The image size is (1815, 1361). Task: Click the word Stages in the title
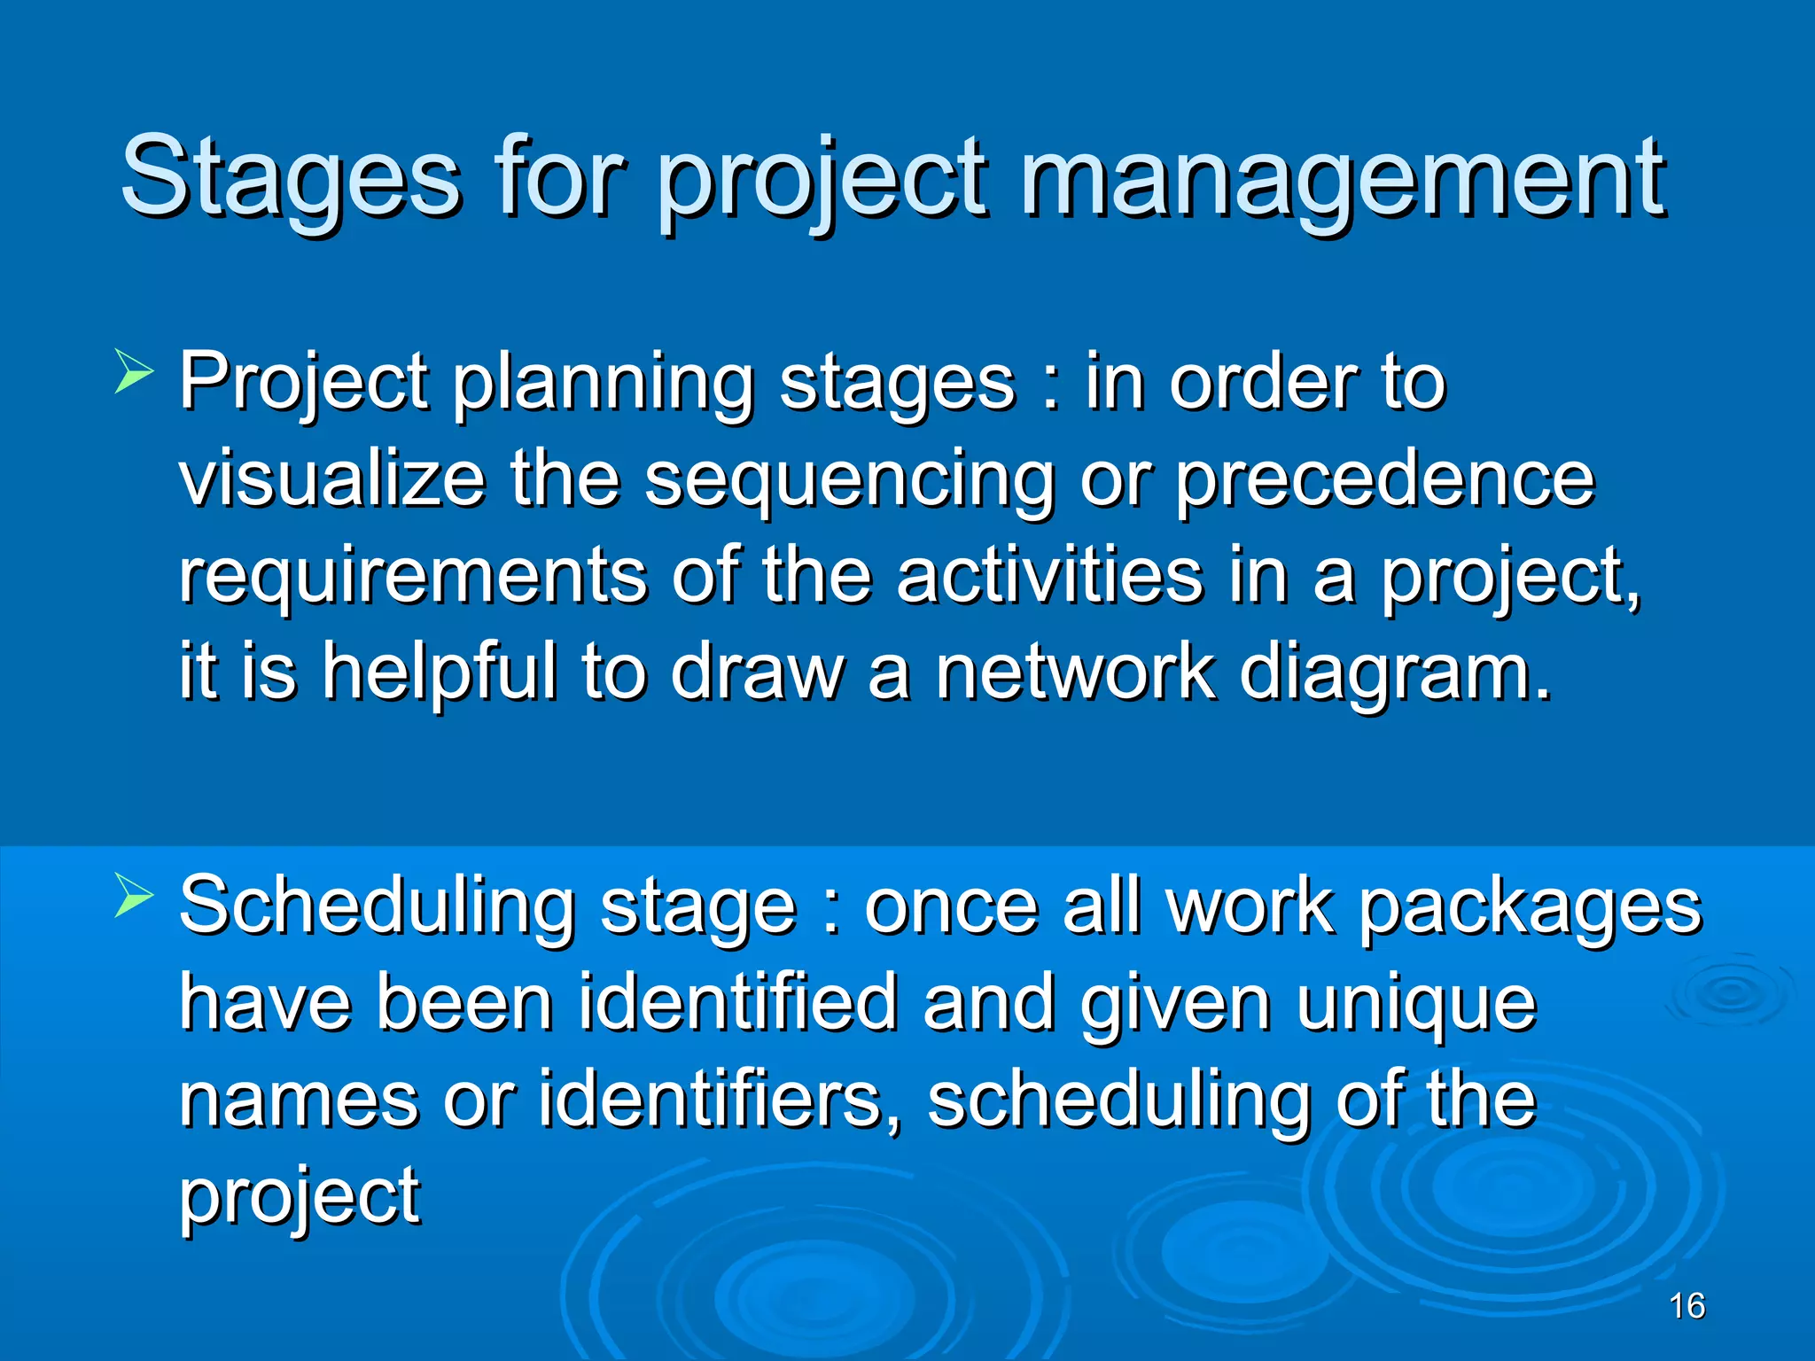coord(291,177)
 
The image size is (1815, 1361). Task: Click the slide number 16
coord(1686,1306)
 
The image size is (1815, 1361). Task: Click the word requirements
coord(412,578)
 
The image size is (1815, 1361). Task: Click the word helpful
coord(440,673)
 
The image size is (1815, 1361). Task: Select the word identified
coord(737,1003)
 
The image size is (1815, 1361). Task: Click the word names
coord(298,1100)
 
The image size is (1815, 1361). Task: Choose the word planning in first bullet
coord(603,384)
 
